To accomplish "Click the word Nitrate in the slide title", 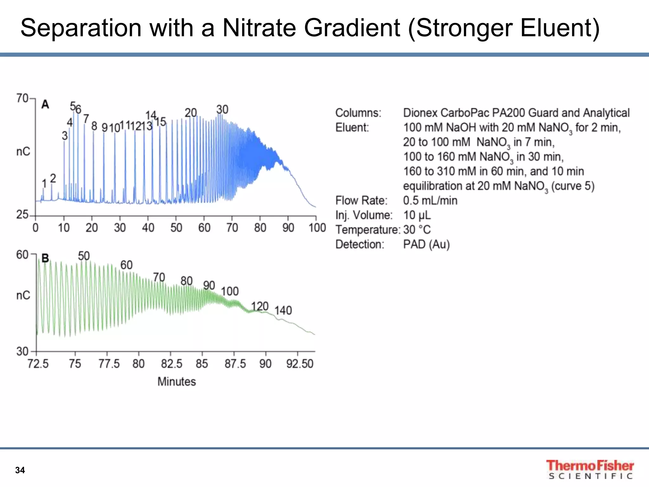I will click(x=260, y=28).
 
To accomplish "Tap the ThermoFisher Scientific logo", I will click(x=590, y=470).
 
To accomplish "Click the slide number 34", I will click(x=20, y=470).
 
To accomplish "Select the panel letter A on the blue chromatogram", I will click(x=45, y=104).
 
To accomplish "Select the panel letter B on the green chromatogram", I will click(x=45, y=258).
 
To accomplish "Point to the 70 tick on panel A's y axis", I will click(x=22, y=98).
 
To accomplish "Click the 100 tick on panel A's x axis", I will click(x=317, y=228).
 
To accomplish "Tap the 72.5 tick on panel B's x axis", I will click(x=38, y=364).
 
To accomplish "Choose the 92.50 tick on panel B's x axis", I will click(x=300, y=364).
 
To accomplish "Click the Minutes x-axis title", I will click(x=177, y=381).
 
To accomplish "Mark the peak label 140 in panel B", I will click(x=283, y=310).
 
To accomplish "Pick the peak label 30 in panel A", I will click(x=222, y=110).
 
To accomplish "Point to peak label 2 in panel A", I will click(x=53, y=178).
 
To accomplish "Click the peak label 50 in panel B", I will click(x=84, y=256).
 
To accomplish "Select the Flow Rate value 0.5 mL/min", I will click(x=430, y=200).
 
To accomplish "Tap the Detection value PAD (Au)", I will click(x=426, y=244).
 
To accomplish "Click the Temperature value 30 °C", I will click(x=417, y=230).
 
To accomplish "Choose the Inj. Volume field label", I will click(x=364, y=215).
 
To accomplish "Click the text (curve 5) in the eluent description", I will click(x=573, y=186).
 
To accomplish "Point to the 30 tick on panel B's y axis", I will click(x=22, y=351).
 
